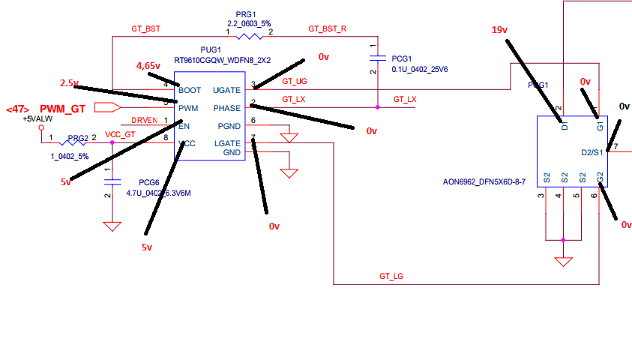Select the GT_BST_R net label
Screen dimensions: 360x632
click(x=328, y=29)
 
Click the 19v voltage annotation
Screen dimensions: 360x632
click(x=500, y=30)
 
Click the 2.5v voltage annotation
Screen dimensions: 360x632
click(x=70, y=82)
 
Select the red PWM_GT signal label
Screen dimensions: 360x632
click(x=62, y=109)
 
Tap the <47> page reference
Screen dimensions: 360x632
click(x=16, y=109)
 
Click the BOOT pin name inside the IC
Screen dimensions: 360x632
click(x=189, y=89)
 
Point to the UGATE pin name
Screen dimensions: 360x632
click(x=226, y=89)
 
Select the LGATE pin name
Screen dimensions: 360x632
click(x=227, y=143)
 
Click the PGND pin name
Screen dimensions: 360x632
click(x=229, y=125)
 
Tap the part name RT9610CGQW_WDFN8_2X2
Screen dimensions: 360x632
click(x=222, y=59)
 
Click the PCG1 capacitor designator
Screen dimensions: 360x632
click(x=402, y=58)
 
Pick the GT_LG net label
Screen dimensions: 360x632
click(x=392, y=277)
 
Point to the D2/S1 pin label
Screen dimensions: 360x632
click(x=593, y=154)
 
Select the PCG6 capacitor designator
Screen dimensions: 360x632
click(x=150, y=182)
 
